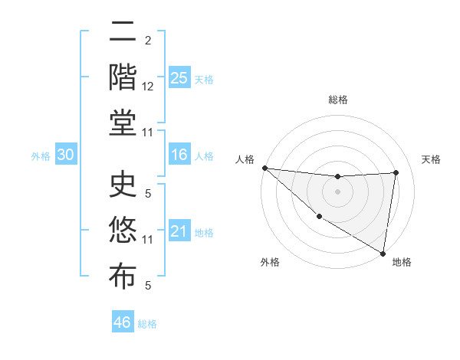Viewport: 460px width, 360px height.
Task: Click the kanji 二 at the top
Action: point(123,32)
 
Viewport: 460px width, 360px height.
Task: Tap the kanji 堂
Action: point(123,123)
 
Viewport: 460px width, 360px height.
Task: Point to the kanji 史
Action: point(123,186)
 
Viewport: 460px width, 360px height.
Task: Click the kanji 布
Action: point(123,276)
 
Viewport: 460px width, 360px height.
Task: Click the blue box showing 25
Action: point(179,78)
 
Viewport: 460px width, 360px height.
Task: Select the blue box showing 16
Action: point(179,155)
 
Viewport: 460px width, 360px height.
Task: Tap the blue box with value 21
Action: point(179,231)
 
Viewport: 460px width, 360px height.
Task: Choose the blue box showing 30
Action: point(65,155)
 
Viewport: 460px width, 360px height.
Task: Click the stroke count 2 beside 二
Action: point(148,40)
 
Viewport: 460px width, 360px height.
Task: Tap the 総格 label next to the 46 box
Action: point(147,323)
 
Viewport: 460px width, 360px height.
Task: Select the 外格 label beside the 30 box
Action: point(41,156)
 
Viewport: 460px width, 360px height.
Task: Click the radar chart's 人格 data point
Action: point(264,168)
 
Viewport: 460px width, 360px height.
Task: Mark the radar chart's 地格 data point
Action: point(383,252)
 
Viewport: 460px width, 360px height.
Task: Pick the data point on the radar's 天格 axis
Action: point(396,172)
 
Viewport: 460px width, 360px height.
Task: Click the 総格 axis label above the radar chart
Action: point(337,100)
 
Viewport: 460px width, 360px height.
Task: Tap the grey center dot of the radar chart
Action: point(337,191)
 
